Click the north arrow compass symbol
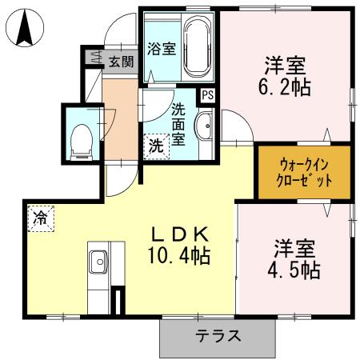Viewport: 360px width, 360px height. [23, 30]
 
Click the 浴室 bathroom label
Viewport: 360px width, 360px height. [161, 48]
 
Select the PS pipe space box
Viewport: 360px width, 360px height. [208, 94]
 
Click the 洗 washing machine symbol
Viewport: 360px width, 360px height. [157, 146]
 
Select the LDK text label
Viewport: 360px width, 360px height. [182, 234]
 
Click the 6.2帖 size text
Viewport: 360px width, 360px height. [286, 85]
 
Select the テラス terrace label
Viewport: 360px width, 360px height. [219, 336]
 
